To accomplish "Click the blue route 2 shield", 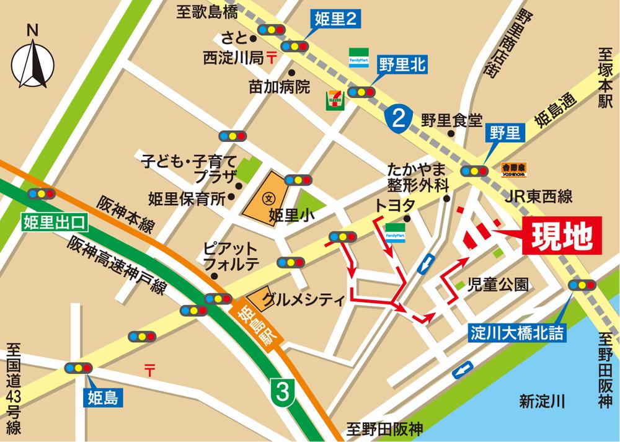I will pyautogui.click(x=396, y=118).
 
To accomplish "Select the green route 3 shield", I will pyautogui.click(x=283, y=392).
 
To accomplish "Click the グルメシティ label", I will pyautogui.click(x=303, y=300).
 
